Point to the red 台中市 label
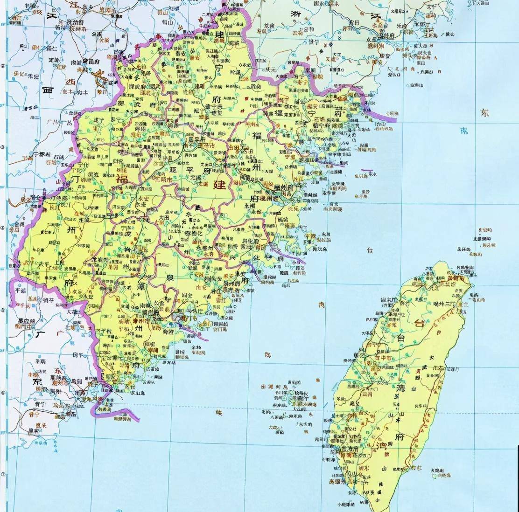tap(380, 358)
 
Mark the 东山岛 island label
tap(138, 392)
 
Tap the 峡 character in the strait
tap(219, 411)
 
